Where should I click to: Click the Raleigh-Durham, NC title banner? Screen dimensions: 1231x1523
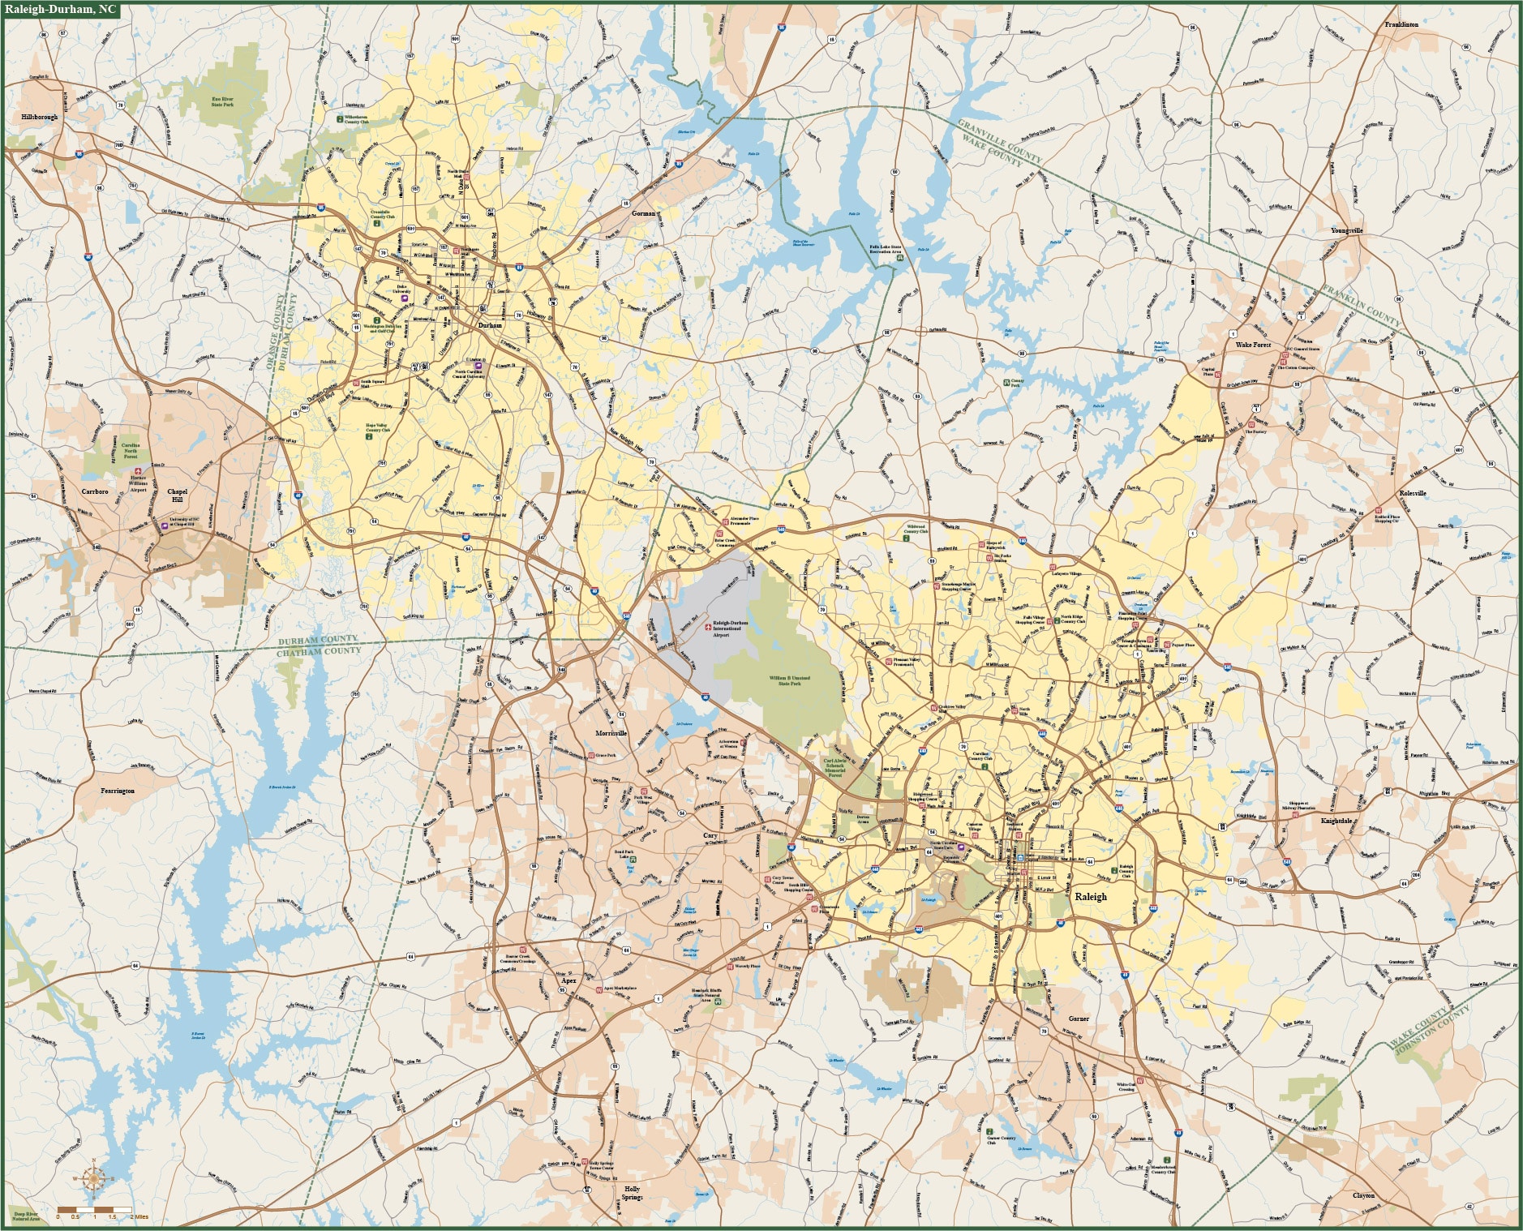click(x=61, y=10)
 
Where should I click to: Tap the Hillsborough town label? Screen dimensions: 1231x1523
click(x=40, y=117)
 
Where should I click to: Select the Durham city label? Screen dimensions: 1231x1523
click(x=490, y=325)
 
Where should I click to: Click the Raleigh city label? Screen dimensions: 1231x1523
click(x=1090, y=897)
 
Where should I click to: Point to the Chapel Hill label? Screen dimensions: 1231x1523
click(x=177, y=495)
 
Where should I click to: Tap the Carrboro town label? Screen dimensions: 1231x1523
click(x=95, y=491)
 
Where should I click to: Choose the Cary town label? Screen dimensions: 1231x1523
click(x=710, y=835)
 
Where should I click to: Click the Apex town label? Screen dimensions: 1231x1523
click(x=568, y=980)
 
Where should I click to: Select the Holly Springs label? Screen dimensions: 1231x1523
click(x=632, y=1193)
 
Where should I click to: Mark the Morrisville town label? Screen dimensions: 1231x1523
click(x=611, y=733)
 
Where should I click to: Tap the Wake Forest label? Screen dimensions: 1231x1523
click(x=1253, y=345)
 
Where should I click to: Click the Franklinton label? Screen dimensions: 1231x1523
click(x=1401, y=24)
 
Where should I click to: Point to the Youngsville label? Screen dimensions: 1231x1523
click(x=1346, y=230)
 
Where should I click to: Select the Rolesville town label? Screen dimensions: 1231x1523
click(x=1412, y=493)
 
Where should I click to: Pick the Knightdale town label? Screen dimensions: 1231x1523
click(x=1336, y=821)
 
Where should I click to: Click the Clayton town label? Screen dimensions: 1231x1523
click(x=1363, y=1195)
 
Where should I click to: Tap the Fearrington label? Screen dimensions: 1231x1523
click(x=118, y=791)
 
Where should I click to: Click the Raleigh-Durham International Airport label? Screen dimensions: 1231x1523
click(x=731, y=628)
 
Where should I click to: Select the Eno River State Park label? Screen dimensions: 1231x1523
click(x=222, y=101)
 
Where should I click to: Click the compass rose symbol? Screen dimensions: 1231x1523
click(x=93, y=1178)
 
